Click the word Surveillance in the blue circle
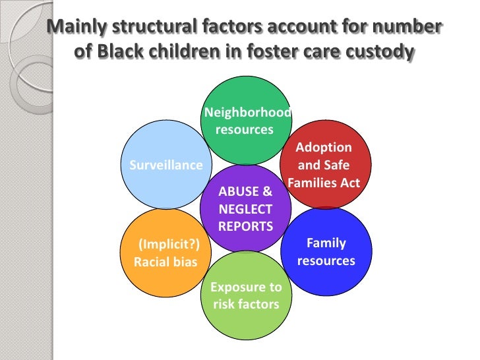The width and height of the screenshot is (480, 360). [165, 165]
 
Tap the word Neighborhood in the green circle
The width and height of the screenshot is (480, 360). [247, 113]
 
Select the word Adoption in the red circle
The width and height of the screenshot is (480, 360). [324, 148]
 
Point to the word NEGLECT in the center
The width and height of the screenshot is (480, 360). [245, 210]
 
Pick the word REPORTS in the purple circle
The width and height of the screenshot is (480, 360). [245, 226]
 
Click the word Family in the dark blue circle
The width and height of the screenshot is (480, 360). [326, 243]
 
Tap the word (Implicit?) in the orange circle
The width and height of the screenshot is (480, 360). [168, 245]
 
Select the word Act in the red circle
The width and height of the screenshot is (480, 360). [350, 183]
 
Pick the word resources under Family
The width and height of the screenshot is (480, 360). [326, 260]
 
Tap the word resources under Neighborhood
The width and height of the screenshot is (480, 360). [245, 130]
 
